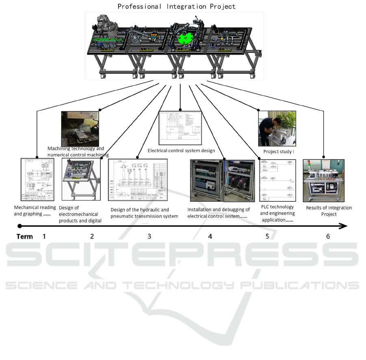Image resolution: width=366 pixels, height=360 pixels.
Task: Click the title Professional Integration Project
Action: pyautogui.click(x=176, y=6)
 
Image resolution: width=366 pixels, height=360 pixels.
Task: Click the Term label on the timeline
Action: pyautogui.click(x=25, y=237)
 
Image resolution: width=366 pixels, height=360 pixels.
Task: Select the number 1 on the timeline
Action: pyautogui.click(x=44, y=236)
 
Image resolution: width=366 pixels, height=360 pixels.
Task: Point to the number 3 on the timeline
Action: pyautogui.click(x=149, y=236)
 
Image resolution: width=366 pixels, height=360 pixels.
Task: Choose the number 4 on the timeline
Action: pyautogui.click(x=210, y=236)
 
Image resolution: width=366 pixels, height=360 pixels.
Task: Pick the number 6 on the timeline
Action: pyautogui.click(x=328, y=236)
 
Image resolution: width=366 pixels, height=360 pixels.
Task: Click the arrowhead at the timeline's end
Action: pyautogui.click(x=344, y=226)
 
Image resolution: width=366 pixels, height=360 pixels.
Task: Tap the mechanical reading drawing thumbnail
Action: pyautogui.click(x=37, y=179)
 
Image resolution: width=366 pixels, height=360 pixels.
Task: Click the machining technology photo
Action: pyautogui.click(x=80, y=129)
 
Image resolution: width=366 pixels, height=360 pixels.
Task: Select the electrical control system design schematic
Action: pyautogui.click(x=180, y=127)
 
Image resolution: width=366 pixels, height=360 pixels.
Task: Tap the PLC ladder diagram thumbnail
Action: pyautogui.click(x=277, y=180)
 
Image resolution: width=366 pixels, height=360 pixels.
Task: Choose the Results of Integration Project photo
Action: pyautogui.click(x=323, y=180)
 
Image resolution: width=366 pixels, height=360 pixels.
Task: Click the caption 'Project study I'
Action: pyautogui.click(x=278, y=152)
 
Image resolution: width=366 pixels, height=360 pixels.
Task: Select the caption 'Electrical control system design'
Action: pyautogui.click(x=187, y=150)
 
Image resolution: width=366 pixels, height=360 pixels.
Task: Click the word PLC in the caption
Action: pyautogui.click(x=265, y=207)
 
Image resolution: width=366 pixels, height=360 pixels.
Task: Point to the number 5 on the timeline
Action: pyautogui.click(x=267, y=236)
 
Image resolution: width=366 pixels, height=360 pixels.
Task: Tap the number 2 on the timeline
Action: pyautogui.click(x=92, y=236)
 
